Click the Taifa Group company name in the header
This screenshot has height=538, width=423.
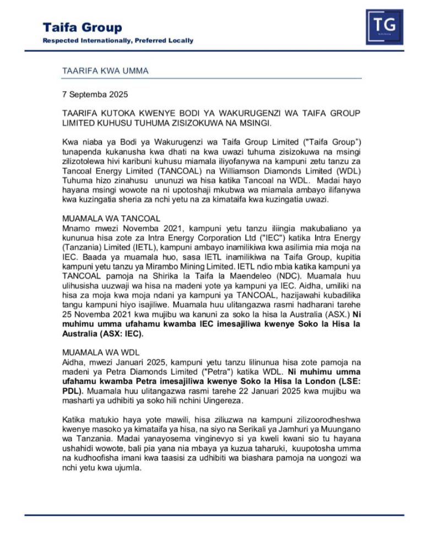[x=83, y=28]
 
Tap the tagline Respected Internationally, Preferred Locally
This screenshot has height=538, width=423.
[x=118, y=41]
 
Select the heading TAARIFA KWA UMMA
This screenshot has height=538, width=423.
[x=105, y=71]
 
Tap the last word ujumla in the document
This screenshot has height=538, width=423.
[x=128, y=467]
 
